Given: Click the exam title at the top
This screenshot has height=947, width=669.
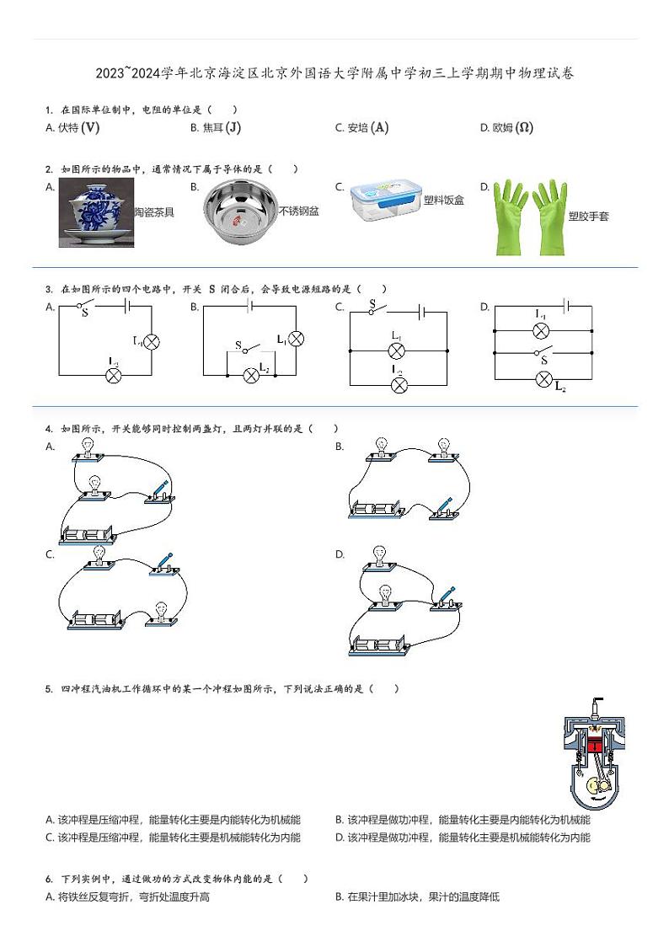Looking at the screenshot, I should click(x=334, y=73).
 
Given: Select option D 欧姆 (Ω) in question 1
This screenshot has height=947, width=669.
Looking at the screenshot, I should click(x=506, y=128).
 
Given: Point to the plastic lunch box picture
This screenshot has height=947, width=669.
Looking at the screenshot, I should click(x=384, y=201).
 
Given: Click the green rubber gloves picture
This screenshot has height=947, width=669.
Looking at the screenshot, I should click(x=528, y=217).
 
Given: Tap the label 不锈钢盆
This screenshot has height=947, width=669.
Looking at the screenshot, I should click(x=299, y=211).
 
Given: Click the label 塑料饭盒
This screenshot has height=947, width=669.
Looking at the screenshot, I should click(x=443, y=201).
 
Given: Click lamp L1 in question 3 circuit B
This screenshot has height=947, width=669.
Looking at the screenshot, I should click(x=295, y=339).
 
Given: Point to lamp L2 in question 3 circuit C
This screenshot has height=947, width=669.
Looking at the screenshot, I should click(x=399, y=384).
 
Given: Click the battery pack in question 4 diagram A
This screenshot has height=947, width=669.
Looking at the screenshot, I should click(x=88, y=535).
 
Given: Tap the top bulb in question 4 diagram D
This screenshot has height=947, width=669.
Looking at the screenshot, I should click(x=378, y=556).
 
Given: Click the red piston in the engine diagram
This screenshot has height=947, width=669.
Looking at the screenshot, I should click(x=596, y=745).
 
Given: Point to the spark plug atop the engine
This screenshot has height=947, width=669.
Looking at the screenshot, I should click(x=597, y=708).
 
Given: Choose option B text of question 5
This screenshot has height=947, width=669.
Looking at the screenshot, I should click(x=463, y=820).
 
